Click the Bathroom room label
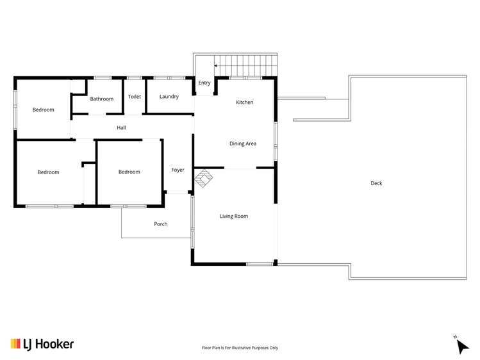click(x=101, y=99)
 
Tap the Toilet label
click(x=134, y=97)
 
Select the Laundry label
click(x=169, y=97)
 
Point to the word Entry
click(x=204, y=83)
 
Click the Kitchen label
click(x=244, y=102)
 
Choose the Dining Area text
click(x=243, y=143)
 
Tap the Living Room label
click(x=233, y=217)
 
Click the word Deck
click(x=376, y=183)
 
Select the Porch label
click(x=160, y=224)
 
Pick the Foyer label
click(x=178, y=170)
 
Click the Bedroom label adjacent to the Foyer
click(x=129, y=172)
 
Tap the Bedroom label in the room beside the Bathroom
click(x=44, y=110)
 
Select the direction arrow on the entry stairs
click(x=217, y=65)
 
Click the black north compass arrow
click(x=463, y=347)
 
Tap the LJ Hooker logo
click(x=42, y=344)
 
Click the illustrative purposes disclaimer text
click(x=240, y=348)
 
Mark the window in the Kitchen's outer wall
click(x=245, y=78)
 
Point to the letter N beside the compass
click(x=455, y=336)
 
